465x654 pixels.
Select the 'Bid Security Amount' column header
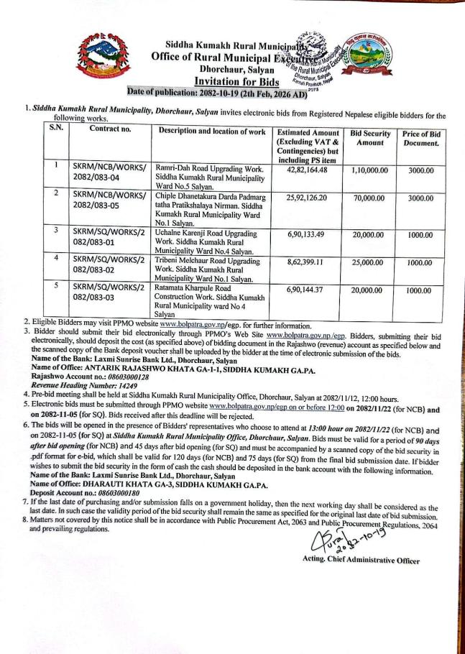(370, 139)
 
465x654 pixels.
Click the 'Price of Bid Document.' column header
(420, 139)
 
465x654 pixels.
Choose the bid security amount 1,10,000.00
(369, 170)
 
